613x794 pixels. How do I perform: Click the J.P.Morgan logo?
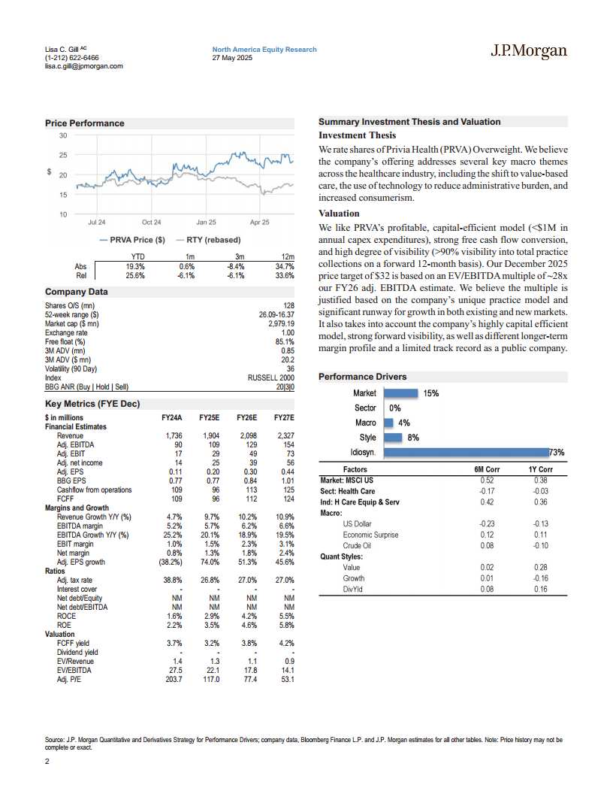point(529,52)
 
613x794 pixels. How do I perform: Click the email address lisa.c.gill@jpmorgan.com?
point(83,66)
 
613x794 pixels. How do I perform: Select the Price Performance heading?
point(85,123)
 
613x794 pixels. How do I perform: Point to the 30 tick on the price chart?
point(63,135)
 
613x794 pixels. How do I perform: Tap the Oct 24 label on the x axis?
point(152,223)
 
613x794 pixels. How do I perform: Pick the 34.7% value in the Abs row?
point(285,266)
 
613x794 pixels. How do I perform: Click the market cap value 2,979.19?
point(279,323)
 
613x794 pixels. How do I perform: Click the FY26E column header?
point(246,418)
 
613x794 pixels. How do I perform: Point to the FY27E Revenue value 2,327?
point(284,436)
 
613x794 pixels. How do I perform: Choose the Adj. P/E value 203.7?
point(172,680)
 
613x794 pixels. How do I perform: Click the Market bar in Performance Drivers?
point(401,393)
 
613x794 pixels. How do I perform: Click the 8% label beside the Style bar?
point(412,438)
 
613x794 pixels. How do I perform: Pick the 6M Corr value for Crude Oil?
point(487,545)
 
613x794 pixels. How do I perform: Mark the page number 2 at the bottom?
point(47,761)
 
